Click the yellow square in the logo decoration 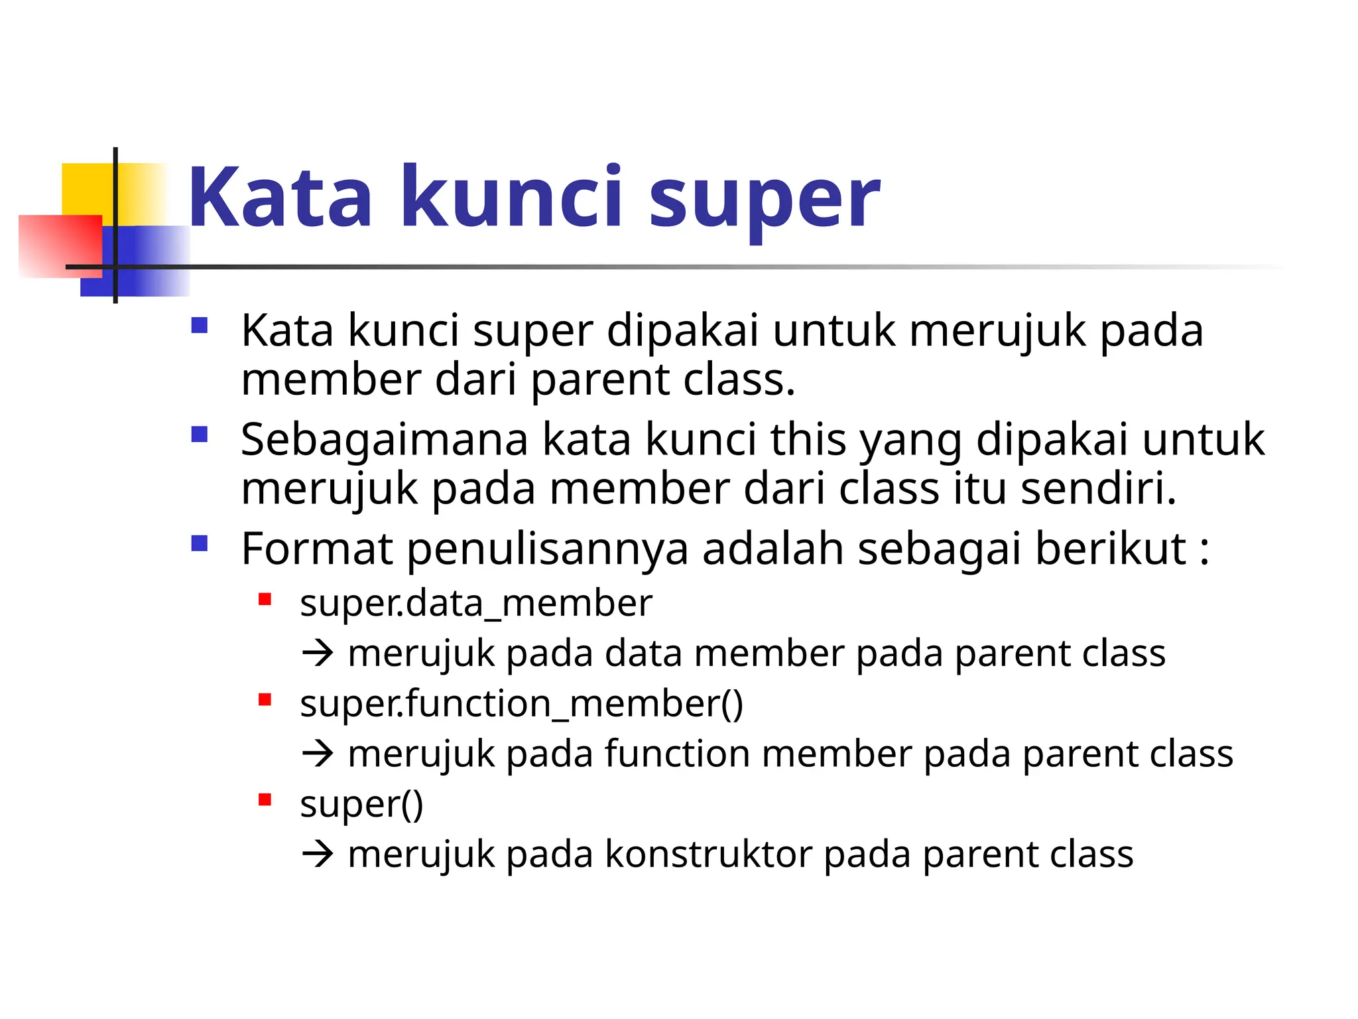click(86, 189)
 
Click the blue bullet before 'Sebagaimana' click(199, 435)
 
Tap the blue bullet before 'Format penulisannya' click(199, 544)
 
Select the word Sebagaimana click(384, 440)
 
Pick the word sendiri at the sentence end click(1097, 488)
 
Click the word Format click(317, 549)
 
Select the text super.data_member click(475, 604)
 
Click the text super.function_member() click(521, 704)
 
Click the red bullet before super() click(265, 800)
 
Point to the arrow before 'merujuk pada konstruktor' click(318, 854)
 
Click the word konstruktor click(708, 854)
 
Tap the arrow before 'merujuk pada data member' click(318, 653)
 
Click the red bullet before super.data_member click(265, 600)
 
